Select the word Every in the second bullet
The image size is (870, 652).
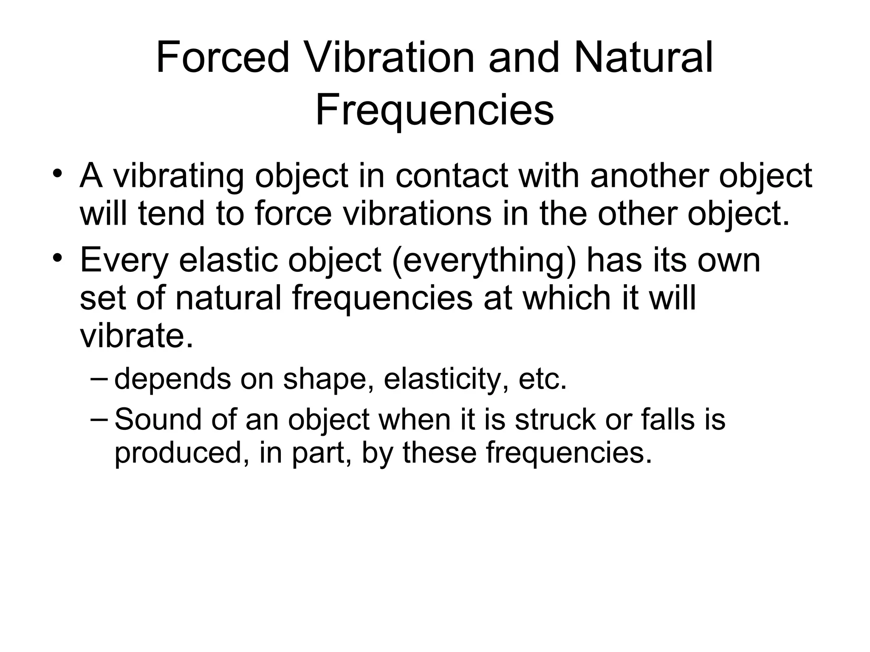point(124,260)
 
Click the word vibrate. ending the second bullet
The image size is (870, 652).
point(136,336)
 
